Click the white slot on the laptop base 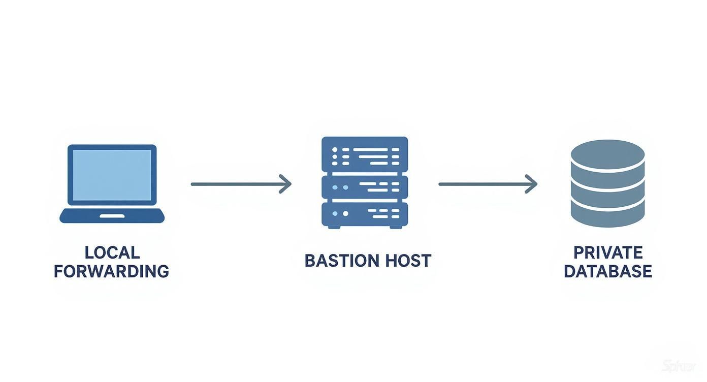coord(112,216)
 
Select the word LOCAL coord(112,252)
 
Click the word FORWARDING coord(112,271)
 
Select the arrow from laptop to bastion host coord(239,184)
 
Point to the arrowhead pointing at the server coord(286,184)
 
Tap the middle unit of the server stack coord(365,187)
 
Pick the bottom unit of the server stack coord(365,214)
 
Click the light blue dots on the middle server coord(340,187)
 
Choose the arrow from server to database coord(487,184)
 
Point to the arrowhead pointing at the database coord(532,184)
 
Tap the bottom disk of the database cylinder coord(607,213)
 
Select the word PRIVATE coord(607,252)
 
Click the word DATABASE coord(607,271)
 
